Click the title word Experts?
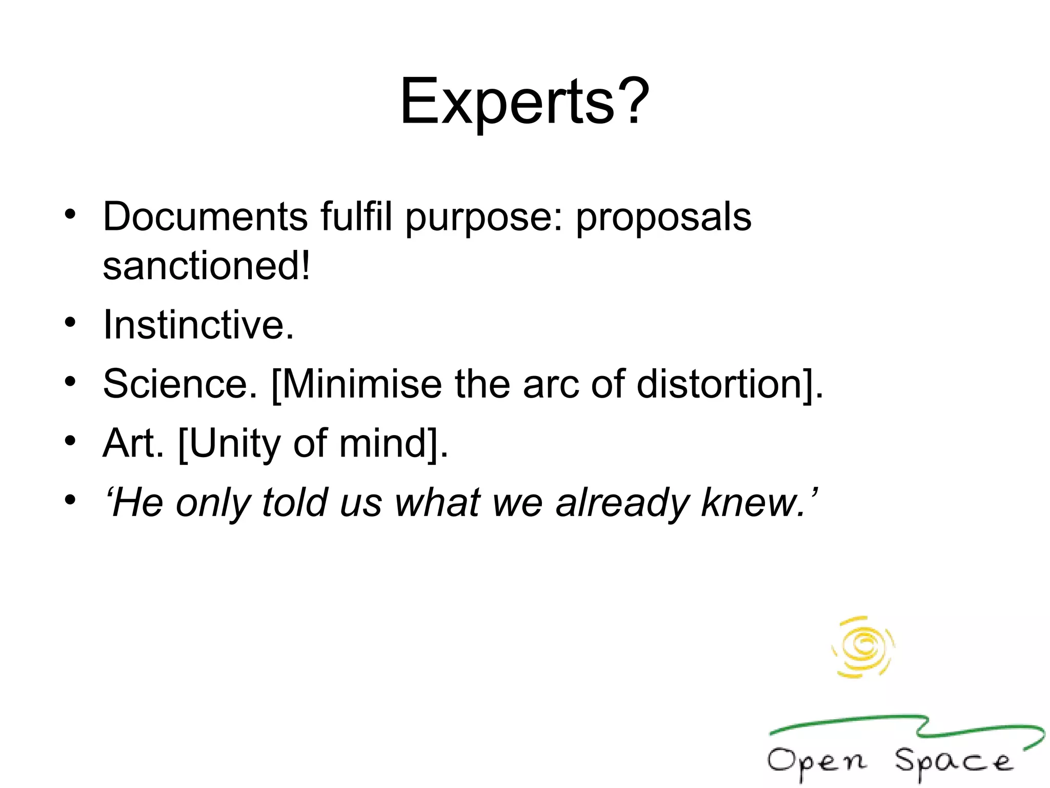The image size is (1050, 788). pyautogui.click(x=524, y=101)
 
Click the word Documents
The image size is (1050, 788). pyautogui.click(x=205, y=216)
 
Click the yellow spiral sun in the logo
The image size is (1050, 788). pyautogui.click(x=863, y=646)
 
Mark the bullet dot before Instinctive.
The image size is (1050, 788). pyautogui.click(x=70, y=323)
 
